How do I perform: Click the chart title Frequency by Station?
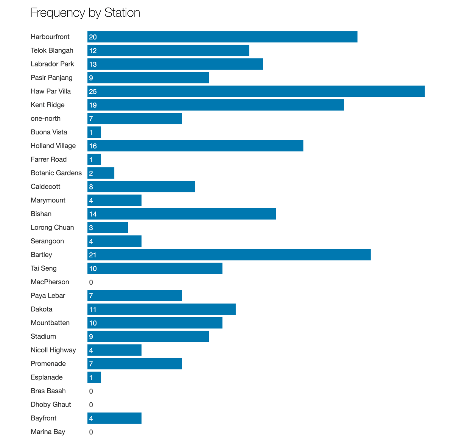[x=85, y=12]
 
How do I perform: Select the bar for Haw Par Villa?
[x=256, y=91]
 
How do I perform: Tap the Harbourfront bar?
[x=222, y=37]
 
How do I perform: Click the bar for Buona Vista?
[x=94, y=132]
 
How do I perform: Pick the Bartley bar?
[x=229, y=255]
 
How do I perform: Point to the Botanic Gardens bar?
[x=101, y=173]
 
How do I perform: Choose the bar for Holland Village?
[x=195, y=146]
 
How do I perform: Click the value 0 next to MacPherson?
[x=91, y=282]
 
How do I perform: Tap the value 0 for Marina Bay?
[x=91, y=432]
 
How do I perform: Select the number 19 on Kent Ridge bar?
[x=93, y=105]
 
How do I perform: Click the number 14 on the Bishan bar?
[x=93, y=214]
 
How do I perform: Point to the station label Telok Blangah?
[x=52, y=50]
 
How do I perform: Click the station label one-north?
[x=45, y=118]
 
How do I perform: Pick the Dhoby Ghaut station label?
[x=51, y=405]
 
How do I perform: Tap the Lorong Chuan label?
[x=52, y=227]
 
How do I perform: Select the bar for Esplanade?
[x=94, y=377]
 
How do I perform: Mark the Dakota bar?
[x=162, y=309]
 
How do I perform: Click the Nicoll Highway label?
[x=53, y=350]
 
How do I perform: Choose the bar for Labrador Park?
[x=175, y=64]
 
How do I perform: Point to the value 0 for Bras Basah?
[x=91, y=391]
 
